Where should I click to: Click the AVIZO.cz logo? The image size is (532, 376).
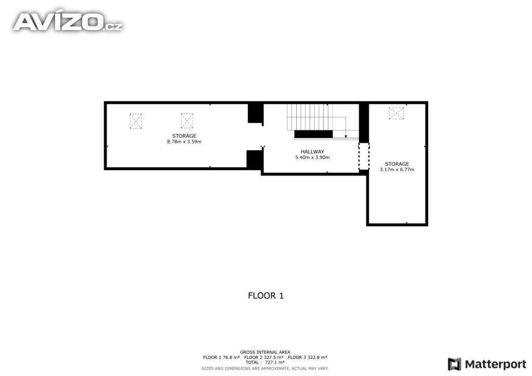pyautogui.click(x=68, y=21)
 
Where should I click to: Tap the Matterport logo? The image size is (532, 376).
pyautogui.click(x=487, y=364)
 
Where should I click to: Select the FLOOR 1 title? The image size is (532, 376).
pyautogui.click(x=265, y=296)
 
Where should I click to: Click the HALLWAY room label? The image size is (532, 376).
pyautogui.click(x=312, y=152)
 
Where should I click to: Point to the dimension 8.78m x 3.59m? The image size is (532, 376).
pyautogui.click(x=184, y=141)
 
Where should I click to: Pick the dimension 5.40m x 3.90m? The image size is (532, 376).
pyautogui.click(x=312, y=157)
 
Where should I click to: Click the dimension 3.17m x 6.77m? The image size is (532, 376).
pyautogui.click(x=397, y=169)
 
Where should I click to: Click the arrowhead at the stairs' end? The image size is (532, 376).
pyautogui.click(x=346, y=136)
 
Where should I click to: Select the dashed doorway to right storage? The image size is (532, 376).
pyautogui.click(x=364, y=157)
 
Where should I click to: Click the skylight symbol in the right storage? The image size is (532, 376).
pyautogui.click(x=396, y=113)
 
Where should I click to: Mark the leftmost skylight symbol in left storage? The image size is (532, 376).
pyautogui.click(x=136, y=121)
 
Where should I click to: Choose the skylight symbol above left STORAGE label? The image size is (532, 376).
pyautogui.click(x=187, y=121)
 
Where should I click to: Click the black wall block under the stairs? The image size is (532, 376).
pyautogui.click(x=313, y=134)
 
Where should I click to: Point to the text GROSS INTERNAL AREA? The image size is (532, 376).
pyautogui.click(x=265, y=352)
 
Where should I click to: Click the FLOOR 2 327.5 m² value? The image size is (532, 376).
pyautogui.click(x=264, y=357)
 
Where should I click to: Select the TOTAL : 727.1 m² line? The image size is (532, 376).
pyautogui.click(x=265, y=362)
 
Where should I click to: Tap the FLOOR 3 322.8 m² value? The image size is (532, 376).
pyautogui.click(x=308, y=357)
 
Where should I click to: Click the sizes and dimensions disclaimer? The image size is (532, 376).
pyautogui.click(x=265, y=368)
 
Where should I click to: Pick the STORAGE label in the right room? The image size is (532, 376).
pyautogui.click(x=397, y=164)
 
